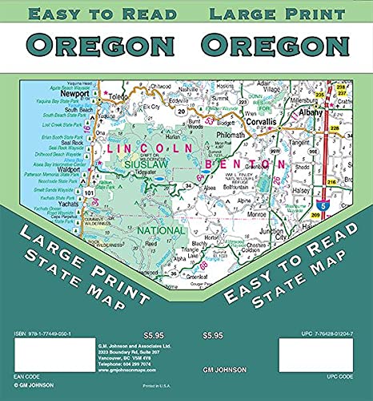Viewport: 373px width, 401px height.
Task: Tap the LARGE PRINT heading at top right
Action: [x=276, y=14]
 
